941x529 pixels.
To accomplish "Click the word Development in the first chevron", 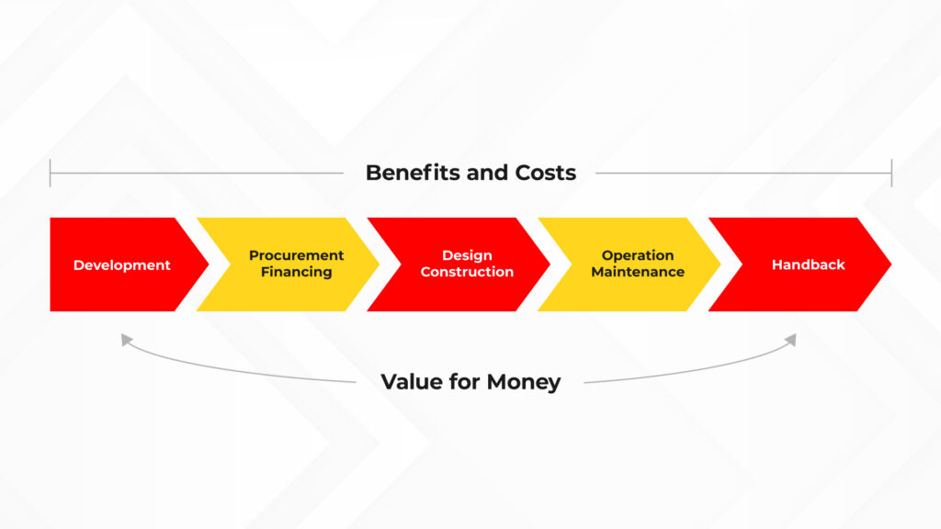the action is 122,265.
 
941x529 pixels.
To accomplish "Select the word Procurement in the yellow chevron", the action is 297,255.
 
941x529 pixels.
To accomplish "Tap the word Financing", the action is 297,272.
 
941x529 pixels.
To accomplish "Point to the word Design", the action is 467,255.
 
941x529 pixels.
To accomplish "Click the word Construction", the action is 467,272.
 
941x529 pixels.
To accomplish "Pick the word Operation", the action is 638,255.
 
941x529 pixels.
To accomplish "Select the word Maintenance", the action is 638,272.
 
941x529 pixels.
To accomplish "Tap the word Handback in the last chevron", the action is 809,264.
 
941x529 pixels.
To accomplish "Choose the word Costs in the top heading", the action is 546,173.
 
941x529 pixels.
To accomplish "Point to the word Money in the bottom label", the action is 524,382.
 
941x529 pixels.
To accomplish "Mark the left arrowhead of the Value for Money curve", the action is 126,340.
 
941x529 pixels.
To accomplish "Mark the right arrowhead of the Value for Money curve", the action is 791,340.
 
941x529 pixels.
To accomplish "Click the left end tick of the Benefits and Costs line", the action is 51,173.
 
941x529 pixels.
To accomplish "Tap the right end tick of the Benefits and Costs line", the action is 891,173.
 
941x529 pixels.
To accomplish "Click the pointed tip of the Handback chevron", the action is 891,264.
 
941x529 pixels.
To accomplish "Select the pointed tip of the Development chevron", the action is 209,264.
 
